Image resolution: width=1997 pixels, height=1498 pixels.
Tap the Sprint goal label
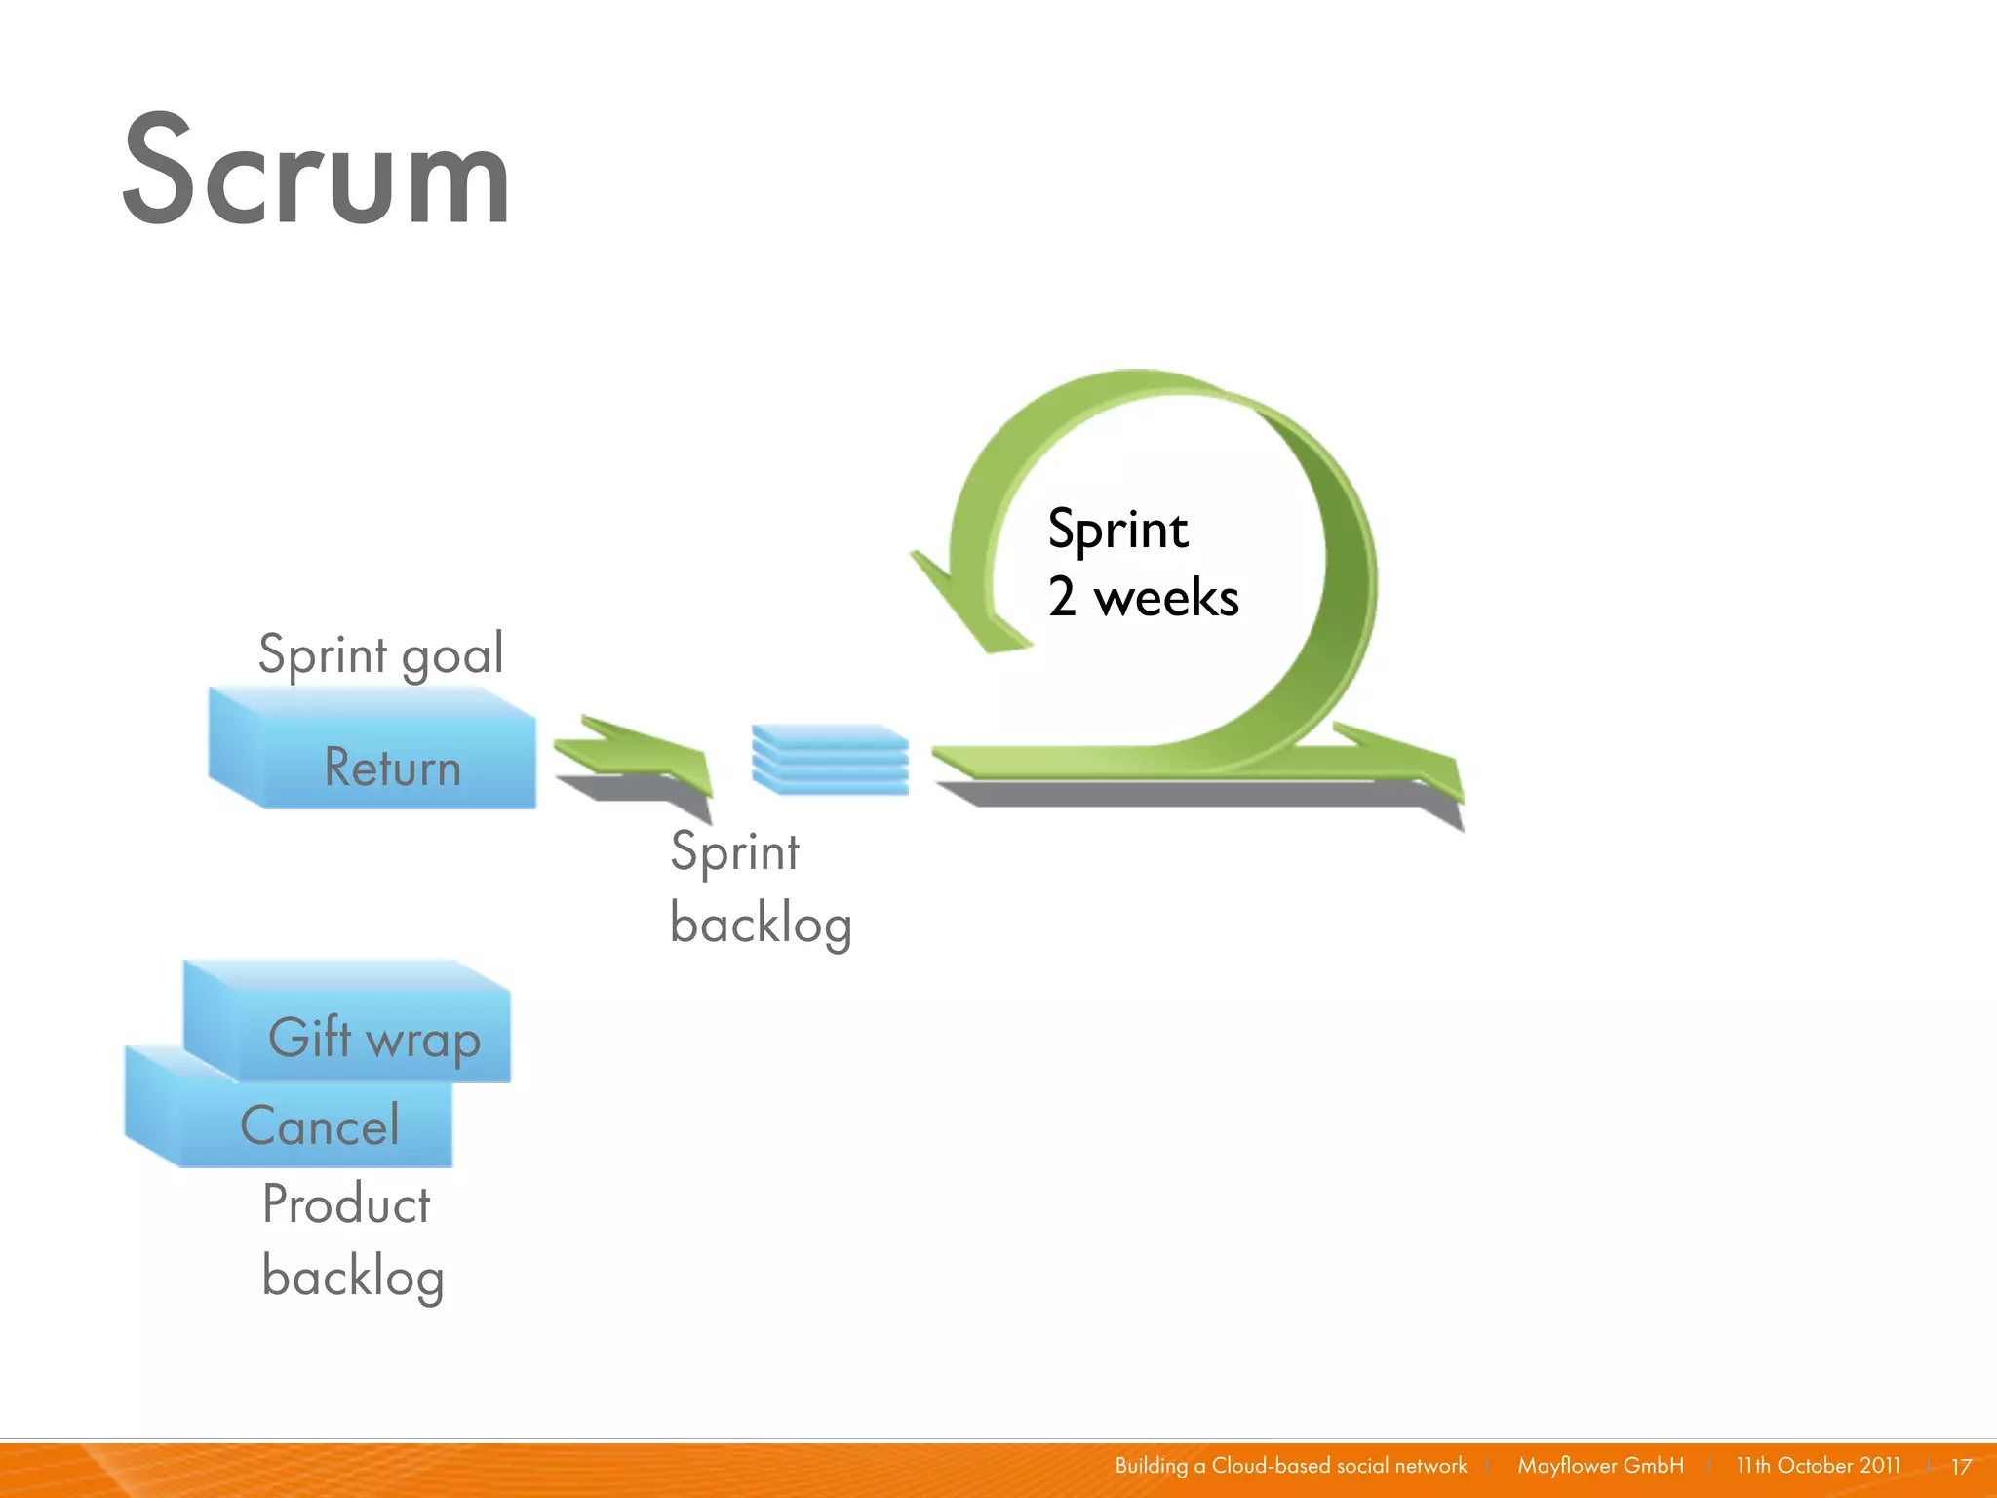pyautogui.click(x=380, y=653)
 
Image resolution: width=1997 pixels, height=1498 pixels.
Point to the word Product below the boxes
pyautogui.click(x=346, y=1204)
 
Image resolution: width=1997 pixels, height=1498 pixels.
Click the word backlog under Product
pyautogui.click(x=353, y=1277)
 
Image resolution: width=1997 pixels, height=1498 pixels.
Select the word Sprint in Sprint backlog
pyautogui.click(x=735, y=852)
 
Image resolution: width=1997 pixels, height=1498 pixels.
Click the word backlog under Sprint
pyautogui.click(x=761, y=924)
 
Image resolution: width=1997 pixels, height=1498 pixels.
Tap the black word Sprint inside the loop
pyautogui.click(x=1117, y=531)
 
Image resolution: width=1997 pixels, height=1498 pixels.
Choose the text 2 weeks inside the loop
pyautogui.click(x=1143, y=597)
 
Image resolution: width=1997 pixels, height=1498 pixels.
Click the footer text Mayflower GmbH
pyautogui.click(x=1600, y=1466)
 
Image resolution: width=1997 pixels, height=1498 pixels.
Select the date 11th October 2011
pyautogui.click(x=1818, y=1466)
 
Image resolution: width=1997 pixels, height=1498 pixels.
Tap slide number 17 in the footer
pyautogui.click(x=1961, y=1467)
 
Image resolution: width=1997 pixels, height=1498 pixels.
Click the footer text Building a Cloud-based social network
pyautogui.click(x=1290, y=1466)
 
